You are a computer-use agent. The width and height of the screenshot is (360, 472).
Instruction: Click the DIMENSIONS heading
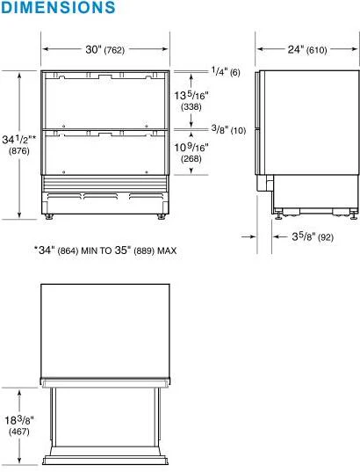click(58, 8)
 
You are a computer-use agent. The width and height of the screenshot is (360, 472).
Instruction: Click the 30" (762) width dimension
click(104, 49)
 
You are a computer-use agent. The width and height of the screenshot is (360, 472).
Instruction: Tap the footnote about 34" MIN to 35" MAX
click(105, 251)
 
